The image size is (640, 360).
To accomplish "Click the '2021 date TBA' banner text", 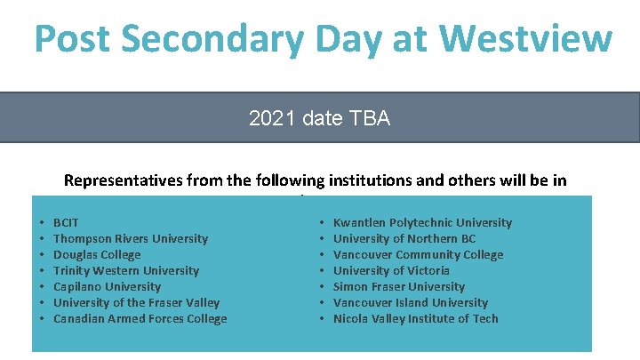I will [x=319, y=118].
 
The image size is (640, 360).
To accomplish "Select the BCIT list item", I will [x=67, y=222].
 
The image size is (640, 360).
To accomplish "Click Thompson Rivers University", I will [x=131, y=238].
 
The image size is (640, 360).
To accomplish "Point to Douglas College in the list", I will [x=97, y=254].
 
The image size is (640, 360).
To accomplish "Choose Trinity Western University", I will [x=126, y=270].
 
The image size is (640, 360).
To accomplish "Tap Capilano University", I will [x=107, y=286].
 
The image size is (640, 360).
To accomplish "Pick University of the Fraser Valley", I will [x=136, y=302].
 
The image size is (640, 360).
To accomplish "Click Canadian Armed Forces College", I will [x=140, y=318].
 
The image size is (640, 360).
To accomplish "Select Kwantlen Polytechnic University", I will [x=422, y=222].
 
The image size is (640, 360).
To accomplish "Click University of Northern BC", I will [x=404, y=238].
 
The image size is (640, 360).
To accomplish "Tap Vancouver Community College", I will [x=418, y=254].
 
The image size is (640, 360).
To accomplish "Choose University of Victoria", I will [x=391, y=270].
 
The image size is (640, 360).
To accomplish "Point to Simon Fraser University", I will [x=399, y=286].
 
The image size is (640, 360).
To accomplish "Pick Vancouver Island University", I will [x=411, y=302].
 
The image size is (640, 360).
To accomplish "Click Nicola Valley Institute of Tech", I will [x=415, y=318].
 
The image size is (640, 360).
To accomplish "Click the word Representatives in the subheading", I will [x=124, y=180].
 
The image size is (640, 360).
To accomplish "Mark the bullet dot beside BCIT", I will [x=41, y=223].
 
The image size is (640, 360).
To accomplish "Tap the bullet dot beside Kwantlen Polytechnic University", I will [x=321, y=223].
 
